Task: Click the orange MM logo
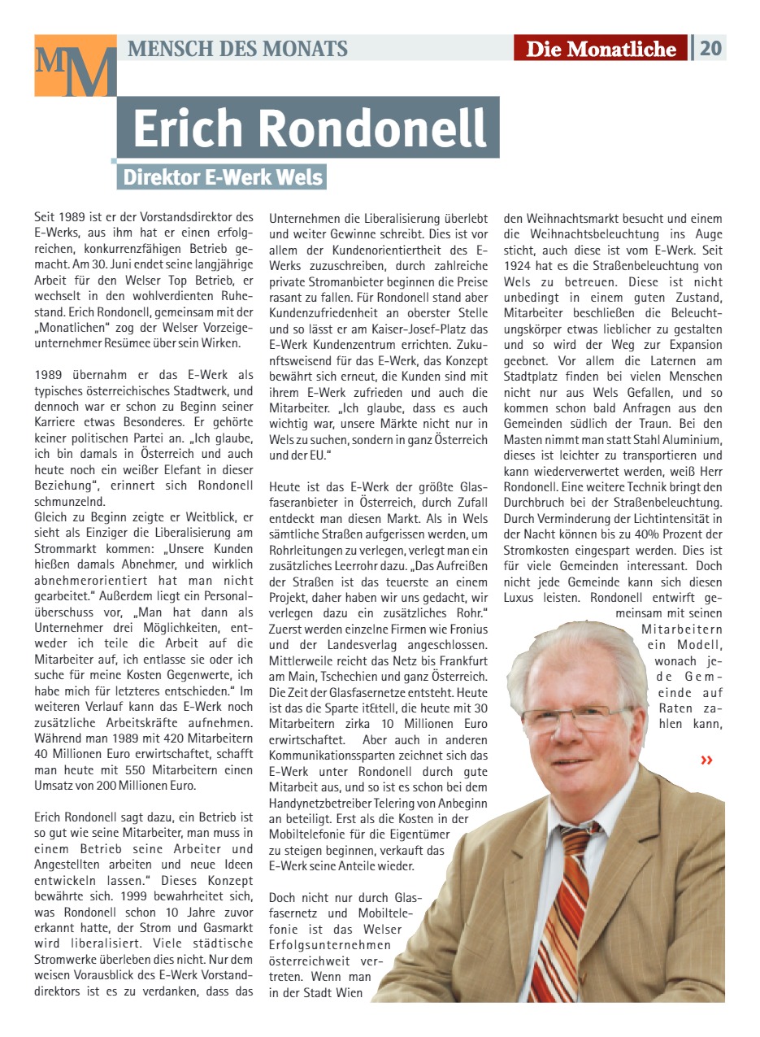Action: pos(75,66)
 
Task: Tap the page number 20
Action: pos(710,48)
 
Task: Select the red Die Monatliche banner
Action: pos(601,49)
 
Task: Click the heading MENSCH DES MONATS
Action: pos(237,49)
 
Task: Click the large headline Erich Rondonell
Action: pos(309,128)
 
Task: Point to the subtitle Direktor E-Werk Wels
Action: pos(223,177)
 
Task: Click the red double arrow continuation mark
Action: pos(706,760)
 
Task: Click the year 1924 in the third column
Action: pos(519,265)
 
